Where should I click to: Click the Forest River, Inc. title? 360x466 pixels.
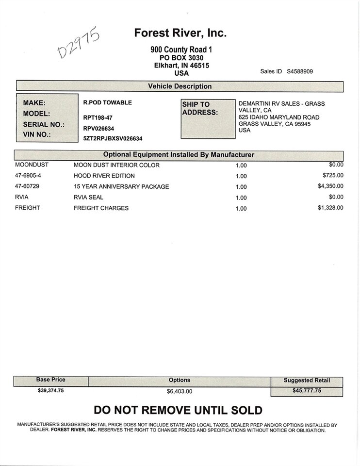click(180, 33)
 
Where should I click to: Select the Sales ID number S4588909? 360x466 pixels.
click(300, 71)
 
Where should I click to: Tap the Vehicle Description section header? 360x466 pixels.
click(180, 86)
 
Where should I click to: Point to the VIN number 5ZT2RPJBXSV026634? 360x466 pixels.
click(113, 138)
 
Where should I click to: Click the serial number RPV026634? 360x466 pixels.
click(98, 128)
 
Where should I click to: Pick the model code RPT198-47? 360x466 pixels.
click(98, 117)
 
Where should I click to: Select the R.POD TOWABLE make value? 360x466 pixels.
click(107, 103)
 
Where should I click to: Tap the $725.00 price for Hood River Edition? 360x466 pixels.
click(333, 175)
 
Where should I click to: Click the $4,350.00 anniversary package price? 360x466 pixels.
click(330, 186)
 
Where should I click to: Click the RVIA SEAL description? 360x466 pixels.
click(88, 198)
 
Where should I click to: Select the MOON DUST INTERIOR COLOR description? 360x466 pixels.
click(116, 165)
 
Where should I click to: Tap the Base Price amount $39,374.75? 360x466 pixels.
click(50, 390)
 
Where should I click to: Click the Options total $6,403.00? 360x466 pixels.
click(180, 391)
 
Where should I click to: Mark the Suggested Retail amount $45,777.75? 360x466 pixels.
click(307, 390)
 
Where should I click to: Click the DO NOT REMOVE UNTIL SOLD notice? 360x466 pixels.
click(178, 411)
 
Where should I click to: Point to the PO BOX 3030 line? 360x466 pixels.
click(181, 58)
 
